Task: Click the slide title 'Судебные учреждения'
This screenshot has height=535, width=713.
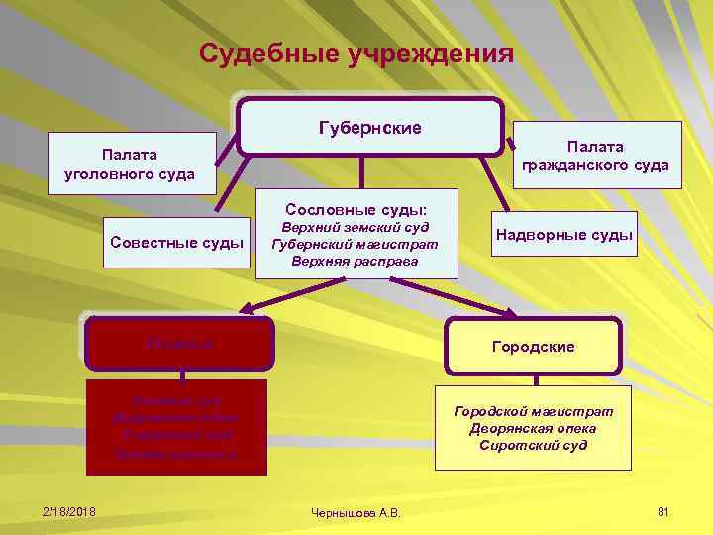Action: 356,53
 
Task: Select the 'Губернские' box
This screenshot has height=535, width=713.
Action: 369,128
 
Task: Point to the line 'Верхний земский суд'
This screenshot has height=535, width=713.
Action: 356,227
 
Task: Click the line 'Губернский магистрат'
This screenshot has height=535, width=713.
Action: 356,244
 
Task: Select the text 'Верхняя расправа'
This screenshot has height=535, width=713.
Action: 356,262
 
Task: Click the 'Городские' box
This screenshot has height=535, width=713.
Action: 534,347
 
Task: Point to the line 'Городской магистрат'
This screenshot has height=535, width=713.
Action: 534,410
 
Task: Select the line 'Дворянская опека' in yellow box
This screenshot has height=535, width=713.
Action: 534,428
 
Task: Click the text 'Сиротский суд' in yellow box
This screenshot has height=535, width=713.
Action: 534,445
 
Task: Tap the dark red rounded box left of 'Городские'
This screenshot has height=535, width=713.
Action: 180,343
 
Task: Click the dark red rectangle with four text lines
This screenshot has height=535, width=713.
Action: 176,426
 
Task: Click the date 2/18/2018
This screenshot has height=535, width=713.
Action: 69,510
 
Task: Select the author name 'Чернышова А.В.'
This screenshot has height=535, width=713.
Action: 356,513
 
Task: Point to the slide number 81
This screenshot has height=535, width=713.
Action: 663,510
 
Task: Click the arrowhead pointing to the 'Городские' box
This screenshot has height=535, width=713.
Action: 510,314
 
